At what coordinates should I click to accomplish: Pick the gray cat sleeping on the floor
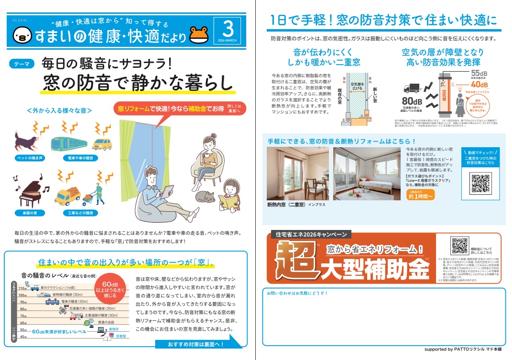(x=203, y=197)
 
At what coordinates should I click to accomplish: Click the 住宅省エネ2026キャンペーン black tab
(x=310, y=235)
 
